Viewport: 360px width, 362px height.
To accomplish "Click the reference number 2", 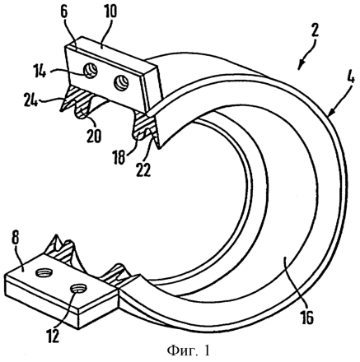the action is point(315,32).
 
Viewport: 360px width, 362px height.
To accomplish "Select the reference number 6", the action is point(64,12).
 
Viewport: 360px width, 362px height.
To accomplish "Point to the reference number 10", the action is point(109,12).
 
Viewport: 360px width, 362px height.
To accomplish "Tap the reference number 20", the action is point(94,136).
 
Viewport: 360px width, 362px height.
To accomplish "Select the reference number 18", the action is point(120,157).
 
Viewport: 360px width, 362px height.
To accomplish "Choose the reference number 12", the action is point(52,335).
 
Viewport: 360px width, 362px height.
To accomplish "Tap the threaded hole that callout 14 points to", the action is point(91,72).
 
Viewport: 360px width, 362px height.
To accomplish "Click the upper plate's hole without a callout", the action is point(121,81).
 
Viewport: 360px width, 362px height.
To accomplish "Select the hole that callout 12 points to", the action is point(78,288).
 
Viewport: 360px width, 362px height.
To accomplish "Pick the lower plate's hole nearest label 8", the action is point(44,272).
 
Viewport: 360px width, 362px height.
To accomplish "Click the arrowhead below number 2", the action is point(300,65).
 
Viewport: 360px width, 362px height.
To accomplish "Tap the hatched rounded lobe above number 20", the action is point(83,112).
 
